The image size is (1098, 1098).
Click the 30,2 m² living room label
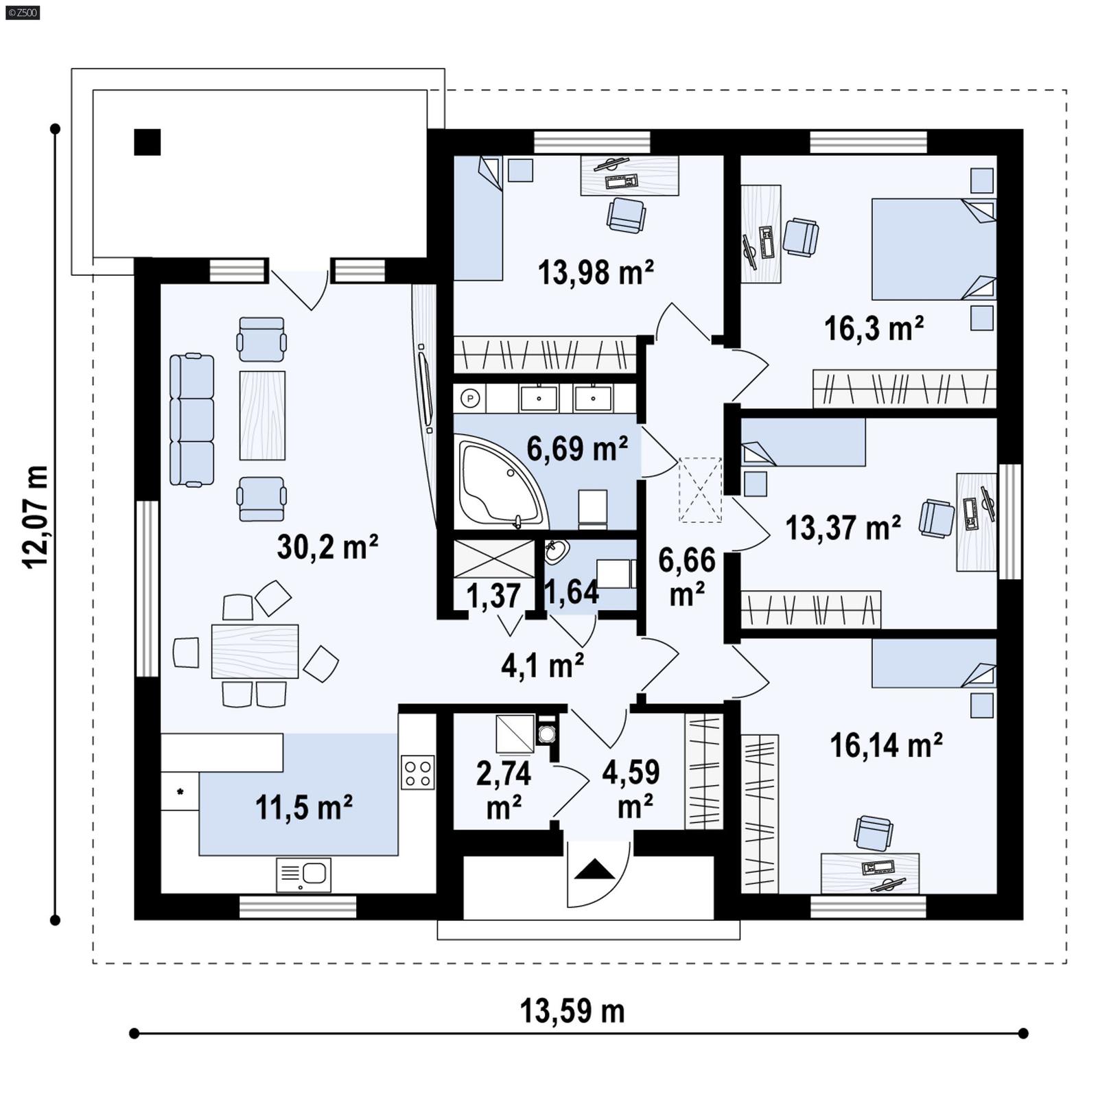327,548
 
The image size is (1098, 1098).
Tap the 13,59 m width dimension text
572,1012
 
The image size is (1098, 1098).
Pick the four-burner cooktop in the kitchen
417,772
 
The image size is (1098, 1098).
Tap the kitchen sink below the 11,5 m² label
304,874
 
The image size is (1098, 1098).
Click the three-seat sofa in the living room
191,420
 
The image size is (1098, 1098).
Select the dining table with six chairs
255,651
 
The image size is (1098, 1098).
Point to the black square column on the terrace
147,142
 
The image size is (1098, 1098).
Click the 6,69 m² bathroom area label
576,449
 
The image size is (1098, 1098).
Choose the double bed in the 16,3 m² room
932,249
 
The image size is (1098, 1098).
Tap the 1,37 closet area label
493,596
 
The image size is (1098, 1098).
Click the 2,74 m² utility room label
504,789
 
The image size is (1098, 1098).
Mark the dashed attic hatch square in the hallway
700,490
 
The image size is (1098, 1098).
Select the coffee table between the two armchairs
262,415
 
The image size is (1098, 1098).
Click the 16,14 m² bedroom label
885,745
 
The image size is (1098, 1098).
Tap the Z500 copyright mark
22,12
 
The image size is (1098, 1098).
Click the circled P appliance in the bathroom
470,397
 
